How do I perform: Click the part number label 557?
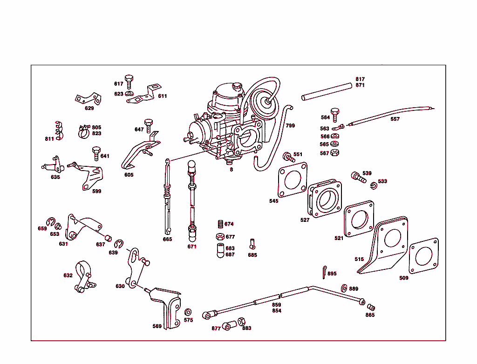click(x=395, y=119)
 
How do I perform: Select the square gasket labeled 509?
click(x=423, y=255)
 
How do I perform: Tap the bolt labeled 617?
click(x=129, y=81)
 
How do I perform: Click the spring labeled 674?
click(x=220, y=224)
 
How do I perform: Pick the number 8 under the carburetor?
click(x=231, y=170)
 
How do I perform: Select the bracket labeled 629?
click(x=89, y=99)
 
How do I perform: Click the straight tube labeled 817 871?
click(x=326, y=91)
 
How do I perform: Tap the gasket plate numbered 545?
click(x=293, y=180)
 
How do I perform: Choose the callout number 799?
click(x=290, y=125)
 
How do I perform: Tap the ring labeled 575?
click(x=188, y=311)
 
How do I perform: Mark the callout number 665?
click(x=167, y=239)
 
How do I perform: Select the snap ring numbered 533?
click(x=373, y=186)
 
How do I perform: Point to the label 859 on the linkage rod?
click(x=277, y=305)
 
